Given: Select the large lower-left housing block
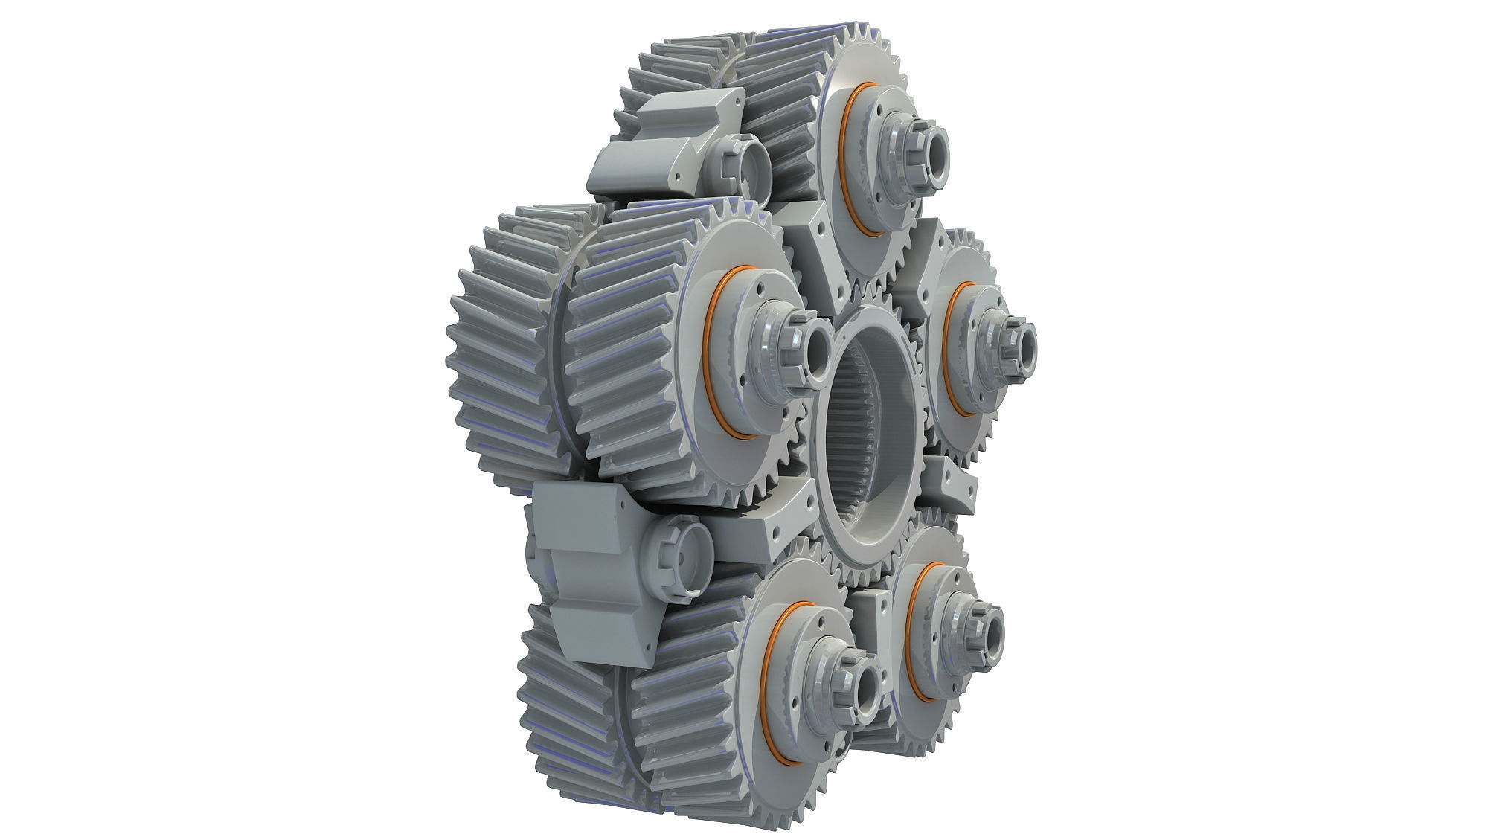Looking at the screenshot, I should point(588,573).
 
